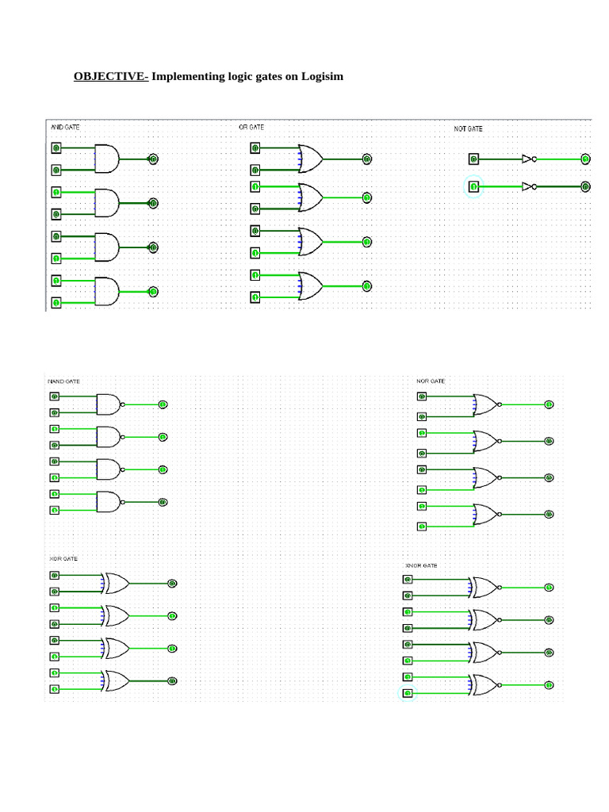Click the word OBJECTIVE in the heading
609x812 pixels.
click(110, 77)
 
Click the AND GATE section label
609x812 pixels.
click(65, 127)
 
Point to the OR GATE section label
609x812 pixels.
click(251, 127)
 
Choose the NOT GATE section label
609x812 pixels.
click(468, 128)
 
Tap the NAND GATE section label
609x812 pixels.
click(64, 381)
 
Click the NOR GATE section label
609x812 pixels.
click(431, 381)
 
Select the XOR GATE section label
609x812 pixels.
click(63, 558)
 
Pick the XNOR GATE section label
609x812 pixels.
click(421, 565)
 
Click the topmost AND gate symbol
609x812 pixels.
click(106, 159)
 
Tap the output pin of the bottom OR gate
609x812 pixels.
click(367, 286)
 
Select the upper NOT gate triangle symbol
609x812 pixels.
click(527, 159)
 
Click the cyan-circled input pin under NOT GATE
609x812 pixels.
click(473, 186)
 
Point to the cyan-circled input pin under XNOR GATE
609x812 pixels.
click(407, 694)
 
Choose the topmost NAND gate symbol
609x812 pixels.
click(108, 404)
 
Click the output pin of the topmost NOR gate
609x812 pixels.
click(549, 404)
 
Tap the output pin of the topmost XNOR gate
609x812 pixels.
click(549, 588)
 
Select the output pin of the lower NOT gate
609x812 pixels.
click(585, 186)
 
